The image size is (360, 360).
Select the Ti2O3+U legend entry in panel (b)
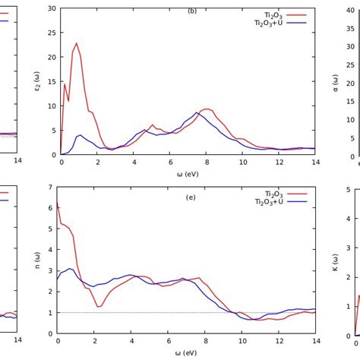[280, 24]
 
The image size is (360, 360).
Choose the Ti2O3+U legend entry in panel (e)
[280, 203]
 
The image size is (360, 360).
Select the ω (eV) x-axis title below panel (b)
[188, 174]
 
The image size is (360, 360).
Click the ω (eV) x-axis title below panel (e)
[186, 352]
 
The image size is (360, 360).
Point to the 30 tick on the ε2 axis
[52, 8]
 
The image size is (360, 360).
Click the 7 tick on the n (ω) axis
[50, 188]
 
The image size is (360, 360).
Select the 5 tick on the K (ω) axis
[348, 190]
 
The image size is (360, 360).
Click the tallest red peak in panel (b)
[77, 43]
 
